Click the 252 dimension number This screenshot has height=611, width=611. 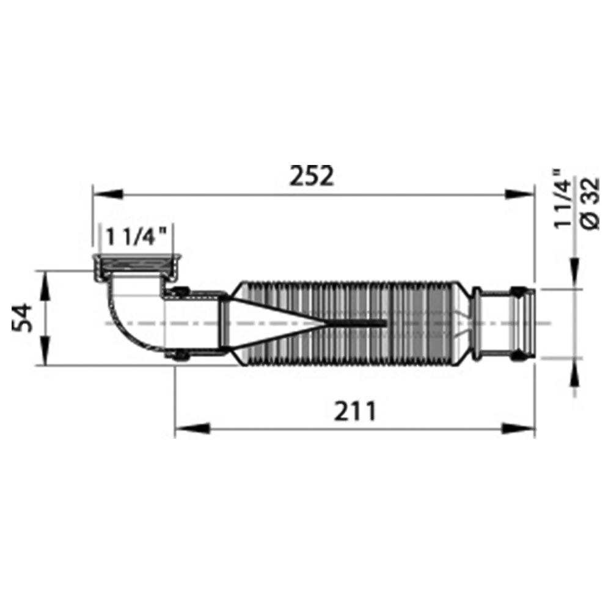312,177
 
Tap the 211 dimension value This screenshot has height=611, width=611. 355,411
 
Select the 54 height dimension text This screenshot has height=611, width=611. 22,318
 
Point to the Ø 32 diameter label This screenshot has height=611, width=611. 591,203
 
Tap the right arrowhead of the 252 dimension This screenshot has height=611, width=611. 519,194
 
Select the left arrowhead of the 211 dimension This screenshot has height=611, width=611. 192,429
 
